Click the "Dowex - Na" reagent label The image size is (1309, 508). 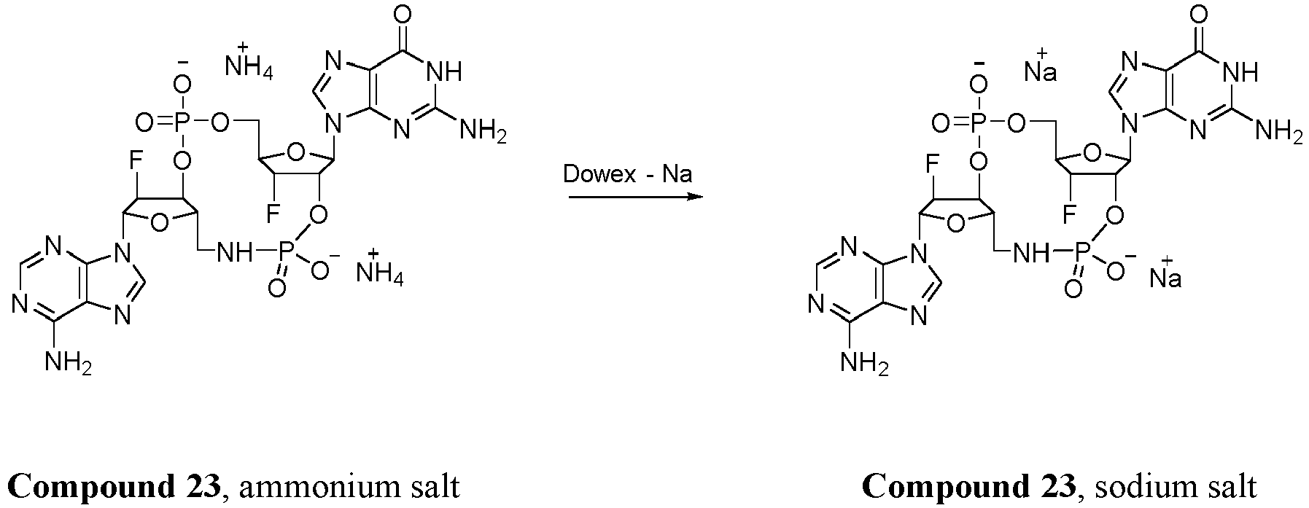[x=626, y=176]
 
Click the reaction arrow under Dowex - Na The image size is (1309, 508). [x=635, y=197]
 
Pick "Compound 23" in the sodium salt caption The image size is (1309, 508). [x=968, y=485]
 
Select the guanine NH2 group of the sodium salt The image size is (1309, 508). [x=1277, y=131]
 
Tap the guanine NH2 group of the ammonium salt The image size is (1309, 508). [x=481, y=131]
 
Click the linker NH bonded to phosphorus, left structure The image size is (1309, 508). [x=236, y=252]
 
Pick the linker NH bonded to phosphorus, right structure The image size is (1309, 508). [x=1031, y=252]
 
